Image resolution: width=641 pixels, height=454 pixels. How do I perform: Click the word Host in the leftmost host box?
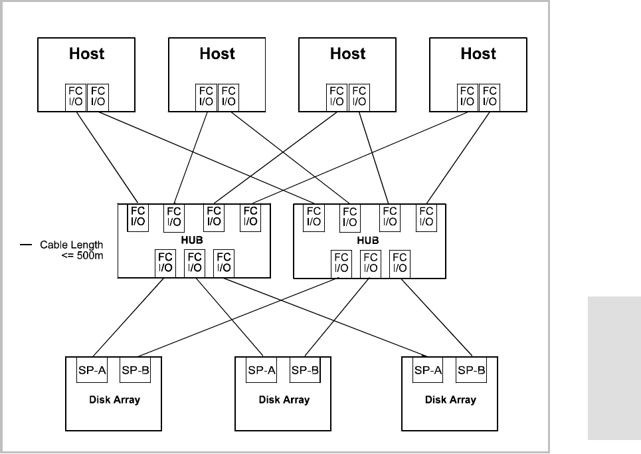click(86, 54)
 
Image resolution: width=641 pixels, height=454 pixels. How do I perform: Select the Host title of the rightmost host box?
click(478, 54)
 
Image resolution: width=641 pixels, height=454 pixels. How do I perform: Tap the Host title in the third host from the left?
click(348, 54)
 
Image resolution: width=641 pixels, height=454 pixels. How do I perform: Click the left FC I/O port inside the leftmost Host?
click(75, 96)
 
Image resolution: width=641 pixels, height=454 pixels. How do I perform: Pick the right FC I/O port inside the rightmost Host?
click(490, 96)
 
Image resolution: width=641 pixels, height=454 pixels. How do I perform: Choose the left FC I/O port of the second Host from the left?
click(206, 96)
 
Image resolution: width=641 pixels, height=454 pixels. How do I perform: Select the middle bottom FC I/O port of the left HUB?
click(194, 262)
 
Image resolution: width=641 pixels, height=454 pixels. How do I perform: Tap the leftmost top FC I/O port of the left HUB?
click(137, 216)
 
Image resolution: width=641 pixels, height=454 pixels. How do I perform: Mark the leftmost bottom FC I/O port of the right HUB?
click(341, 263)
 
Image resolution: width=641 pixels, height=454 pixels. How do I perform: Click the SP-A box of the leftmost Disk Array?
click(92, 370)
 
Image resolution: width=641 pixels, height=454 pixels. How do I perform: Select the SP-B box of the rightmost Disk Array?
click(472, 370)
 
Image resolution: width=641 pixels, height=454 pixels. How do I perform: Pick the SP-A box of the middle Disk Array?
click(262, 370)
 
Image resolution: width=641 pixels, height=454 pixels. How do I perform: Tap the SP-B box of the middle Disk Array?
click(305, 370)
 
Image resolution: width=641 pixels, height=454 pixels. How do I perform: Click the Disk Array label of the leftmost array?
click(114, 400)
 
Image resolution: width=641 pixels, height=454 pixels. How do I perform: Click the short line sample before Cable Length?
click(26, 245)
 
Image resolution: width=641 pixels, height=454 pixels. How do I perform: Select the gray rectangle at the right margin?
click(614, 369)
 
